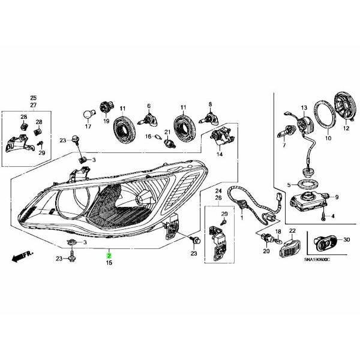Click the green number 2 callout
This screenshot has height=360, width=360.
109,256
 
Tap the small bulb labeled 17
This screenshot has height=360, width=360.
86,115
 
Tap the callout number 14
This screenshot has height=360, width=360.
220,154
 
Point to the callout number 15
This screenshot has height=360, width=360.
109,263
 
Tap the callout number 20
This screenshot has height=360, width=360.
265,252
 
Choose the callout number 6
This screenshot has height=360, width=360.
148,106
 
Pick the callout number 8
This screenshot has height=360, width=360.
211,105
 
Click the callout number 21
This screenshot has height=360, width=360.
168,132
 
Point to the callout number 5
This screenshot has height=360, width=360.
289,184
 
